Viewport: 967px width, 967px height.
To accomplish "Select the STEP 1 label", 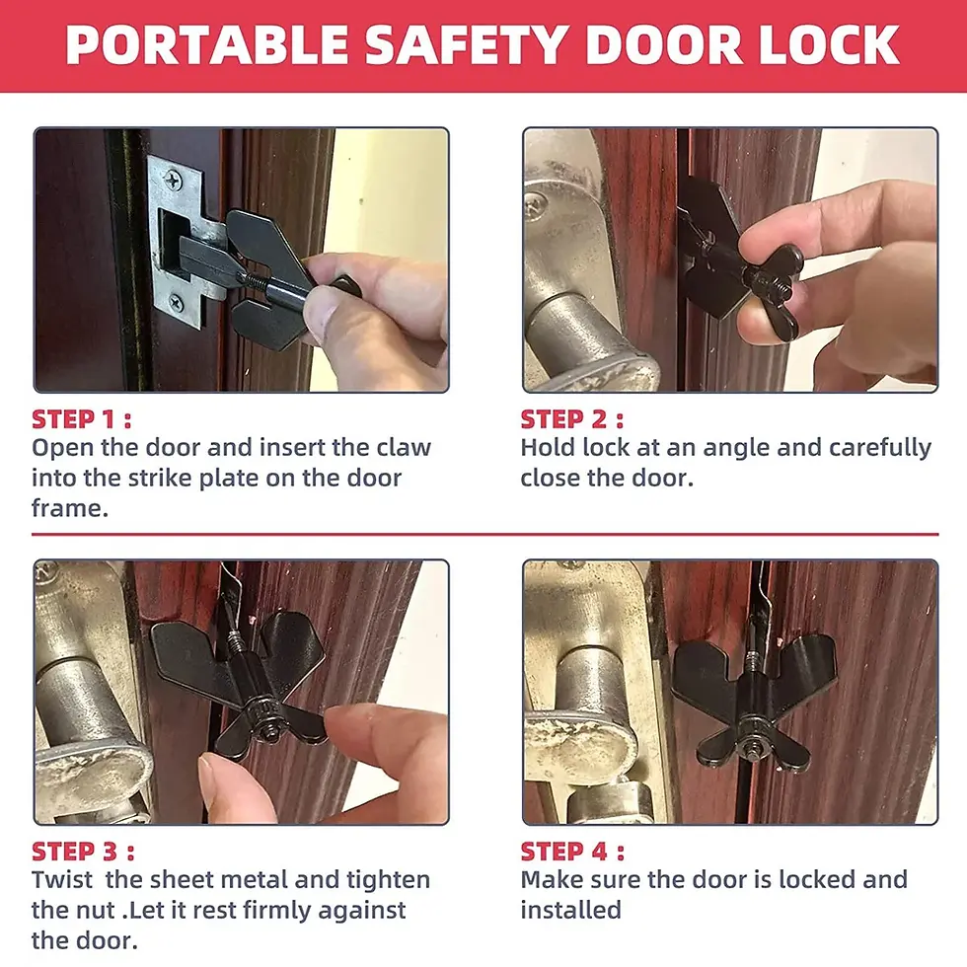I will point(82,419).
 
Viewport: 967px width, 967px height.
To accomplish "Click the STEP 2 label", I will point(571,419).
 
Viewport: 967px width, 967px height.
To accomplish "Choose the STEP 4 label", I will point(572,851).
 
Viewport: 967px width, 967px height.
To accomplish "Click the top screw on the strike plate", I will point(174,181).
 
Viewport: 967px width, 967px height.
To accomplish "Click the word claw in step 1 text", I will point(404,447).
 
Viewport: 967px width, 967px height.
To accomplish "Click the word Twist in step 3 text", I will point(62,879).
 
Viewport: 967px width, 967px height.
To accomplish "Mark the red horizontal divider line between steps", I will point(483,535).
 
